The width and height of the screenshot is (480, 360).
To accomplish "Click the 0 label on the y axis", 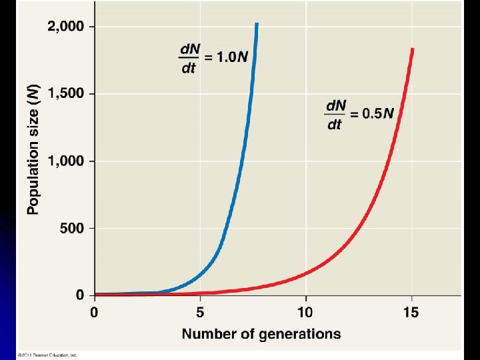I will tap(79, 295).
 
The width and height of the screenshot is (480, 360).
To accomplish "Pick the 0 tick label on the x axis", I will tap(94, 311).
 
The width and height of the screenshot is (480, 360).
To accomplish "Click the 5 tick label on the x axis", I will tap(199, 311).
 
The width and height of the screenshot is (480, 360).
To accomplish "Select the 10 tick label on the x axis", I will tap(305, 311).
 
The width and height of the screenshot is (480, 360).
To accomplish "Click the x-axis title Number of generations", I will tap(261, 333).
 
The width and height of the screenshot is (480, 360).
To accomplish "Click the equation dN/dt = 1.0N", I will tap(213, 59).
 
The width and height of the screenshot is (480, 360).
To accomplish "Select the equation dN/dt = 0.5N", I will tap(360, 114).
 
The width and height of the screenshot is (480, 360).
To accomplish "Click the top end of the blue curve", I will tap(257, 25).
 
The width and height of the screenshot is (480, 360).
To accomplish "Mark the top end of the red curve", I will tap(413, 49).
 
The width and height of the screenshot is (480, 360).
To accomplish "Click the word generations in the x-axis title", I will tap(301, 334).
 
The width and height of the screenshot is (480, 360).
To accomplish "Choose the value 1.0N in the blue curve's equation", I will tap(233, 58).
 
